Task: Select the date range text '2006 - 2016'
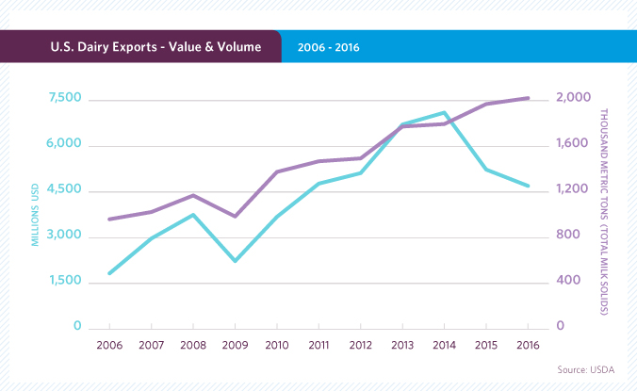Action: (328, 45)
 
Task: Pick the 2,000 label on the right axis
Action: (573, 99)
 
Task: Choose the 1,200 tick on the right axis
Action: (572, 190)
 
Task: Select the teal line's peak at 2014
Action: (444, 112)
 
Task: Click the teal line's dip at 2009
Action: (235, 261)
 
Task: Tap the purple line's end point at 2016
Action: (528, 98)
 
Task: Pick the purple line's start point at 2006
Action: (109, 220)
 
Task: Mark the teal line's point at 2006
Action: (109, 273)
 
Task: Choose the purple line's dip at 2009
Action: (235, 217)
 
